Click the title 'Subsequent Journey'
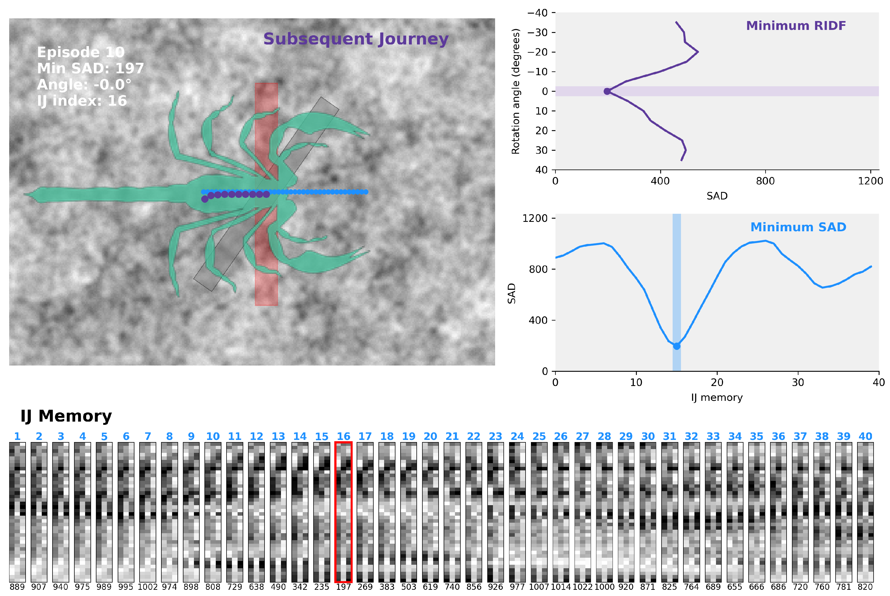click(x=356, y=39)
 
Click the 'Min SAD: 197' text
click(x=91, y=68)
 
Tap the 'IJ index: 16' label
click(x=82, y=101)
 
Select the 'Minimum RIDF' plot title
click(x=796, y=26)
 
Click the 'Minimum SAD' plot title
click(x=798, y=227)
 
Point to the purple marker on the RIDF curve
click(x=607, y=91)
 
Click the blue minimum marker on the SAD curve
click(x=676, y=346)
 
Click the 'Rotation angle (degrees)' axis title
click(x=516, y=91)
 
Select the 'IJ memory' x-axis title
click(x=717, y=398)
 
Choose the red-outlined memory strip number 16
click(x=343, y=512)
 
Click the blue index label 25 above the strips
click(x=539, y=436)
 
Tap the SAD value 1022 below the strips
click(x=582, y=587)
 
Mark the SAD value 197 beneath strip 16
click(x=343, y=587)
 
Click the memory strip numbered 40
click(x=865, y=512)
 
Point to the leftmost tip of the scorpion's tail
click(x=24, y=195)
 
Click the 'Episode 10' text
click(x=81, y=52)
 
